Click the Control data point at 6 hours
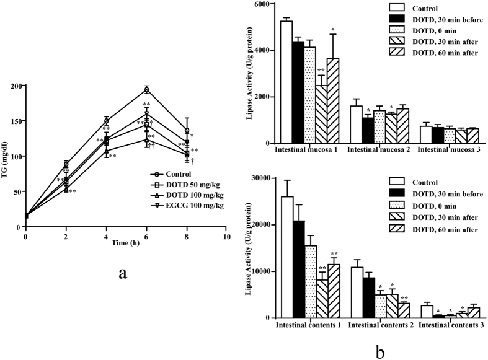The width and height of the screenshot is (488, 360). [146, 90]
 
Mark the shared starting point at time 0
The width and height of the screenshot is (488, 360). [25, 216]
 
